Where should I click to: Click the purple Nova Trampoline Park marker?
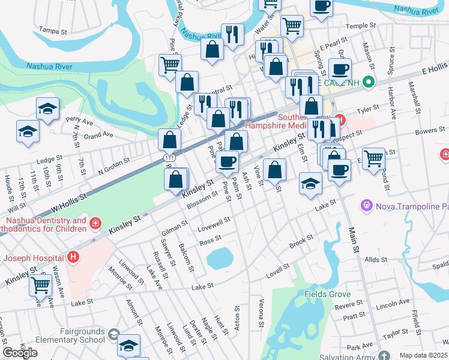pos(366,207)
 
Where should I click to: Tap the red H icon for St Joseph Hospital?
pos(73,257)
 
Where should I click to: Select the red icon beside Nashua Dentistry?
pos(95,224)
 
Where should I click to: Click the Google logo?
pos(20,353)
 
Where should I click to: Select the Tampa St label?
pos(51,29)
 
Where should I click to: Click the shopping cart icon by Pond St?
pos(373,158)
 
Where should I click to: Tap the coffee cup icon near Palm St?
pos(228,161)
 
